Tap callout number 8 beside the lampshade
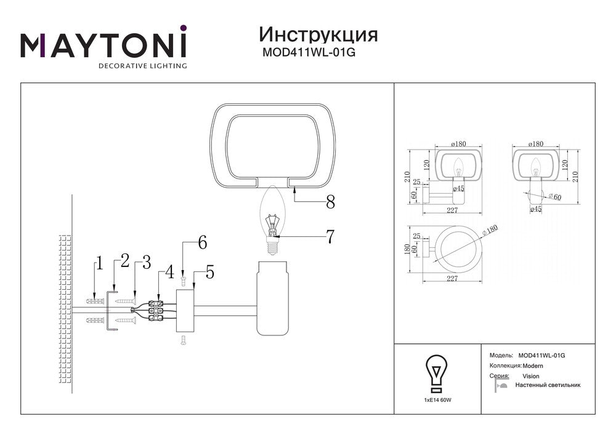pos(330,201)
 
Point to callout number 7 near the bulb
pos(330,236)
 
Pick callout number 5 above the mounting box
pos(209,271)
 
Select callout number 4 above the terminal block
pos(169,271)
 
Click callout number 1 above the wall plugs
pos(99,265)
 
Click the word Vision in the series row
pos(530,376)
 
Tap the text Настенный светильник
pos(548,385)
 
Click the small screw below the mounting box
pos(183,338)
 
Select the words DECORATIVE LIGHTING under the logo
pos(143,65)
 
